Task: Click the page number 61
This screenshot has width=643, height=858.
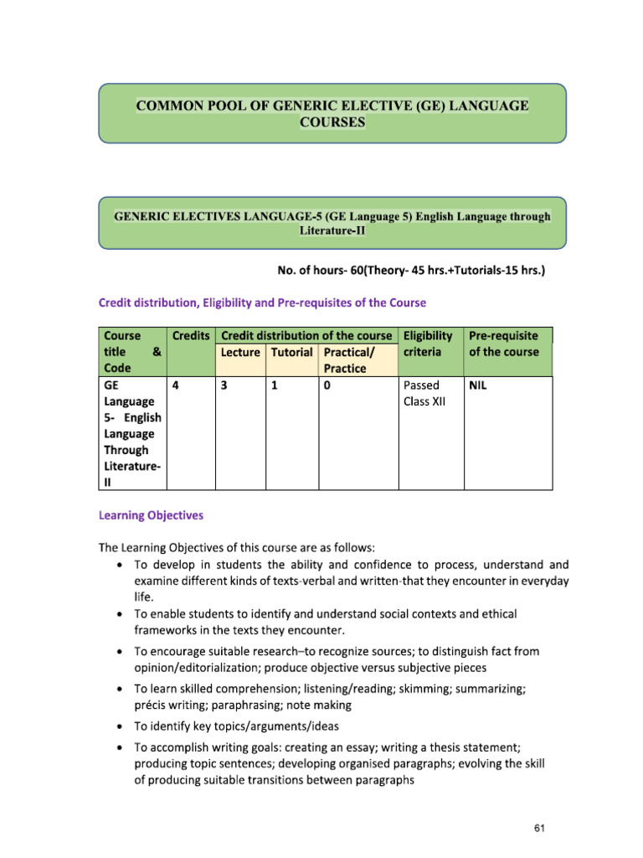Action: click(539, 828)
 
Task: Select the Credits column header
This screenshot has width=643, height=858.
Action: click(191, 335)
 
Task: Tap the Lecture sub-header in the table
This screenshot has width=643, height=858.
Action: click(240, 353)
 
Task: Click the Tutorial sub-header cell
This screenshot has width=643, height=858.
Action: click(291, 353)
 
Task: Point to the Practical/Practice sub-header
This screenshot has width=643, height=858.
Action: click(348, 360)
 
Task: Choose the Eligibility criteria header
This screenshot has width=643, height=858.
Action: click(428, 344)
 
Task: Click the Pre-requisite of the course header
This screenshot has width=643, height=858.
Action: click(503, 344)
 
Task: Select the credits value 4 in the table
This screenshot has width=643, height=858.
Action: click(175, 386)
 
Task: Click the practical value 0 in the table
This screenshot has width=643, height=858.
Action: click(326, 386)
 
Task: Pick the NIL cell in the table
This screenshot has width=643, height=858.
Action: click(479, 386)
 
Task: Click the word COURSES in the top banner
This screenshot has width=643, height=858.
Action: click(332, 121)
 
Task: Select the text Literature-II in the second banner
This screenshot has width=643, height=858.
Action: click(332, 230)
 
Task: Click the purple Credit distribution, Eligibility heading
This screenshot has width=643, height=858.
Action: click(262, 302)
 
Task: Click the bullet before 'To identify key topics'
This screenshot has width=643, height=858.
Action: click(121, 726)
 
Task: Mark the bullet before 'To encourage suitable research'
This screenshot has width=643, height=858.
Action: click(121, 651)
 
